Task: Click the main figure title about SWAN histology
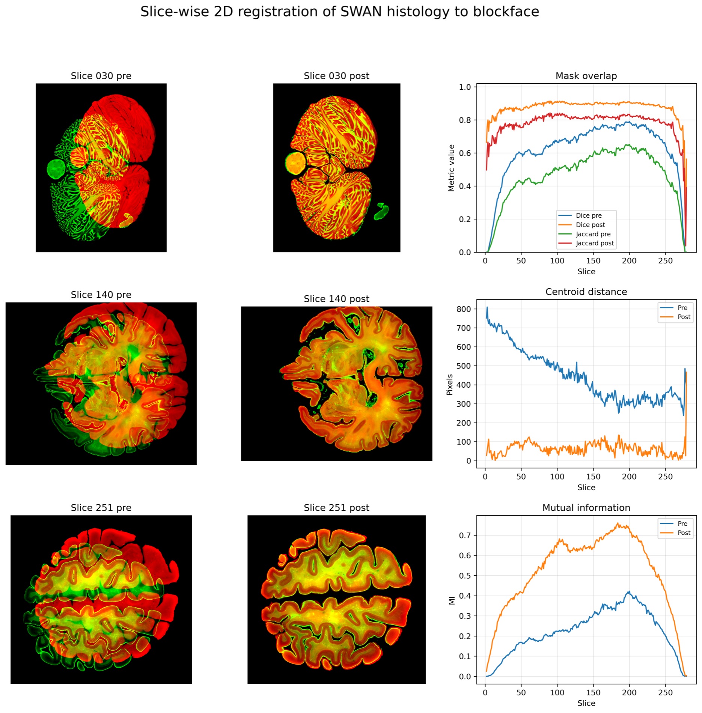pos(339,12)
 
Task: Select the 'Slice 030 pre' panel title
pos(101,76)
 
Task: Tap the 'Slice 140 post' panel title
pos(336,299)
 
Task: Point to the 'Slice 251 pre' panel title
pos(101,508)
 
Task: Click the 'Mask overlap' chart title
pos(586,76)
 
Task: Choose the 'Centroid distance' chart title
pos(586,292)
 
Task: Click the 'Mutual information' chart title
pos(586,508)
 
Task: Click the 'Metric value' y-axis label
pos(451,168)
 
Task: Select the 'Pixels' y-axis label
pos(450,385)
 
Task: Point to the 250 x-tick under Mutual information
pos(665,693)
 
